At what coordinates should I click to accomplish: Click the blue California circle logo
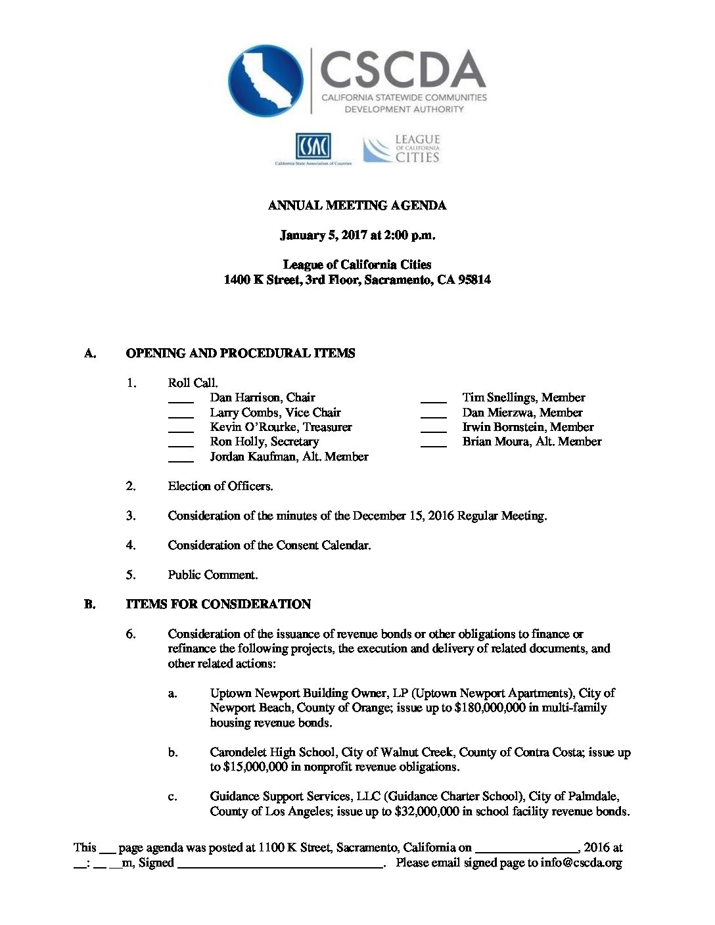265,80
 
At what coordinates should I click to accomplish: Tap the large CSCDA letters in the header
402,70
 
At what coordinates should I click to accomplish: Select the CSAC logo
313,146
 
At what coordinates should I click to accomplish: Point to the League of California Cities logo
402,149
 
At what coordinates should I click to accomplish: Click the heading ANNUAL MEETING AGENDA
357,206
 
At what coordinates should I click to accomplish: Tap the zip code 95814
474,280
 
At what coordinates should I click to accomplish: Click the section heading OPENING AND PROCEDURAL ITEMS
241,353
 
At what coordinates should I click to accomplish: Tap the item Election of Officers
220,486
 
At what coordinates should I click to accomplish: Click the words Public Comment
212,575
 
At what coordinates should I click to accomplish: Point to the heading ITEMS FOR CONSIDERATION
218,604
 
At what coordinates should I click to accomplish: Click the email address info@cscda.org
581,863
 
